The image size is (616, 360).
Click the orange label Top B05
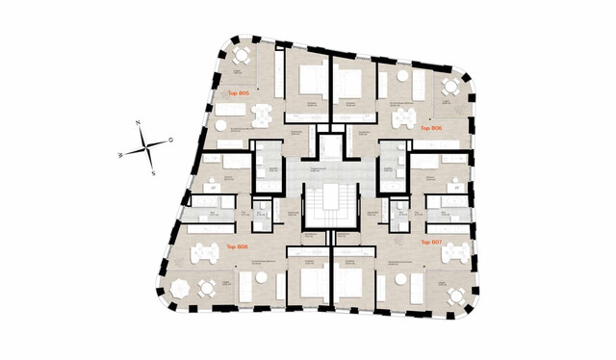tap(238, 93)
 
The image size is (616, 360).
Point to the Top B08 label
tap(237, 246)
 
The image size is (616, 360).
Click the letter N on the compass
tap(140, 124)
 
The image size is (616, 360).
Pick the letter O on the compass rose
tap(170, 141)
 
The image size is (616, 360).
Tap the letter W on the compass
tap(119, 154)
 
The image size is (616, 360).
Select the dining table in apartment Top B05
tap(258, 116)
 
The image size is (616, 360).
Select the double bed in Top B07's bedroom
tap(349, 284)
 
